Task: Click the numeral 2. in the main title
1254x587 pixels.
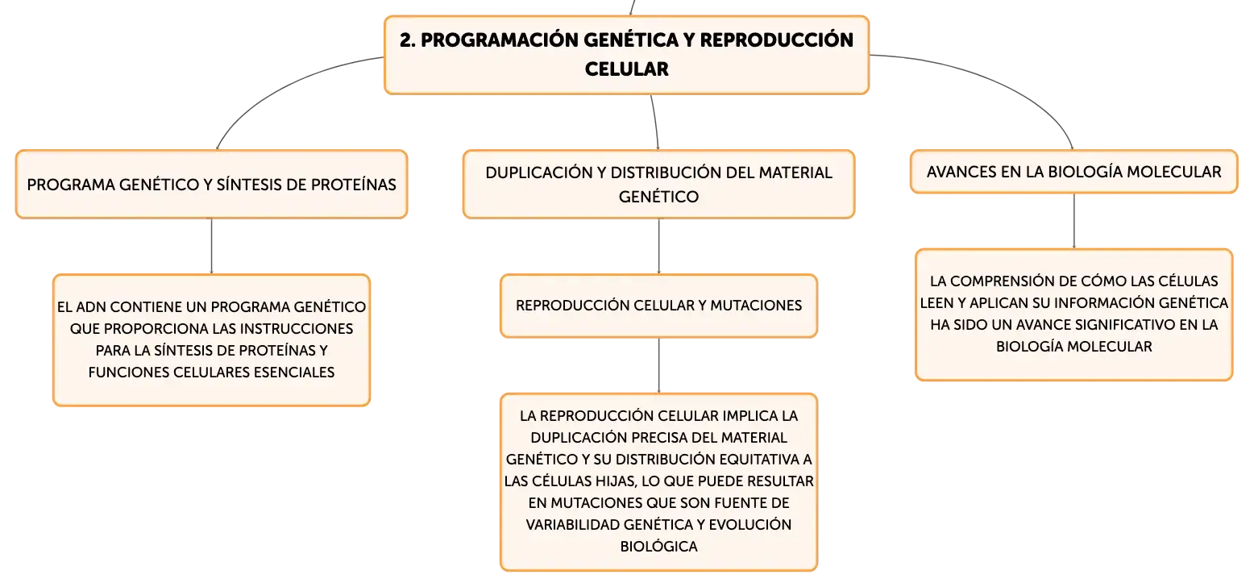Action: tap(407, 40)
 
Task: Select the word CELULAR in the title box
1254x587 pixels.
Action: tap(626, 69)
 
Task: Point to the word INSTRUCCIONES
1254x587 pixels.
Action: tap(298, 329)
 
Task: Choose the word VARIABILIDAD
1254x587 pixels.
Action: tap(572, 525)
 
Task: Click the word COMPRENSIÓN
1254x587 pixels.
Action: tap(1013, 281)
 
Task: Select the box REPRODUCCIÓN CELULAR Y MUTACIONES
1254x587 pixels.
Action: tap(659, 306)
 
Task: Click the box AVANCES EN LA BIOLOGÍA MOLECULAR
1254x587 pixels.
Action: tap(1073, 172)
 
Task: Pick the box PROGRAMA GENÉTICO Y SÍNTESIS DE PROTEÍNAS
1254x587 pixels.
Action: tap(212, 185)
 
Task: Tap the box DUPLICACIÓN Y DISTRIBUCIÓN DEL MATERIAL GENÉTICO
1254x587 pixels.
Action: tap(659, 185)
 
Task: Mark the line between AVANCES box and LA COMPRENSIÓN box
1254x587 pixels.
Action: tap(1073, 221)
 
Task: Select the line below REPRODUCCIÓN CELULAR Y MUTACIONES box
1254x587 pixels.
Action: tap(659, 366)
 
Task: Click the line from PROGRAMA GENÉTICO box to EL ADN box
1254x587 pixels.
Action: tap(212, 247)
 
